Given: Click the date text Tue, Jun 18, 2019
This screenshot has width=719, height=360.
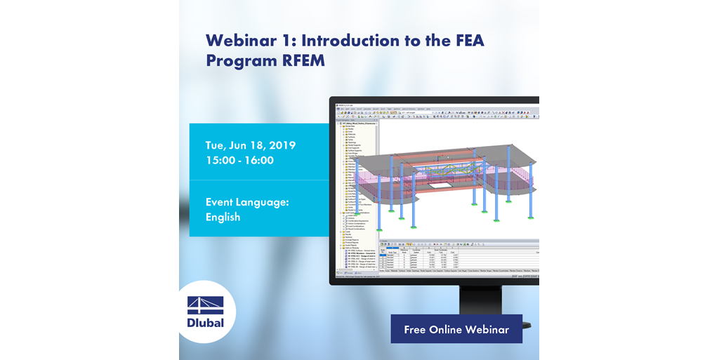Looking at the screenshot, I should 250,146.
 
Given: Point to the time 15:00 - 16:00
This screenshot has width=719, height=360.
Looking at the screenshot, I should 239,161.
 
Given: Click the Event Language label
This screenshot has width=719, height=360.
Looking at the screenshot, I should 247,202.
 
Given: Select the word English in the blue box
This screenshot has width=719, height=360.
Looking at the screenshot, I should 223,218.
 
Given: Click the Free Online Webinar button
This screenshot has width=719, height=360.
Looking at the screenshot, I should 456,329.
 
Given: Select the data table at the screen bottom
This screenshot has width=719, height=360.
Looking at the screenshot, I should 456,258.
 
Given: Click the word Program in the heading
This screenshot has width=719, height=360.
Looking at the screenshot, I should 232,61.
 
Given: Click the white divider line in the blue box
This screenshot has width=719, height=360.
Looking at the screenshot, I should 258,181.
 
